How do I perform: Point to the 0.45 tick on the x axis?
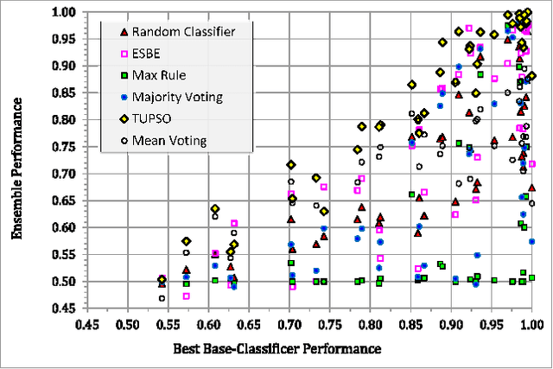click(x=86, y=324)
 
